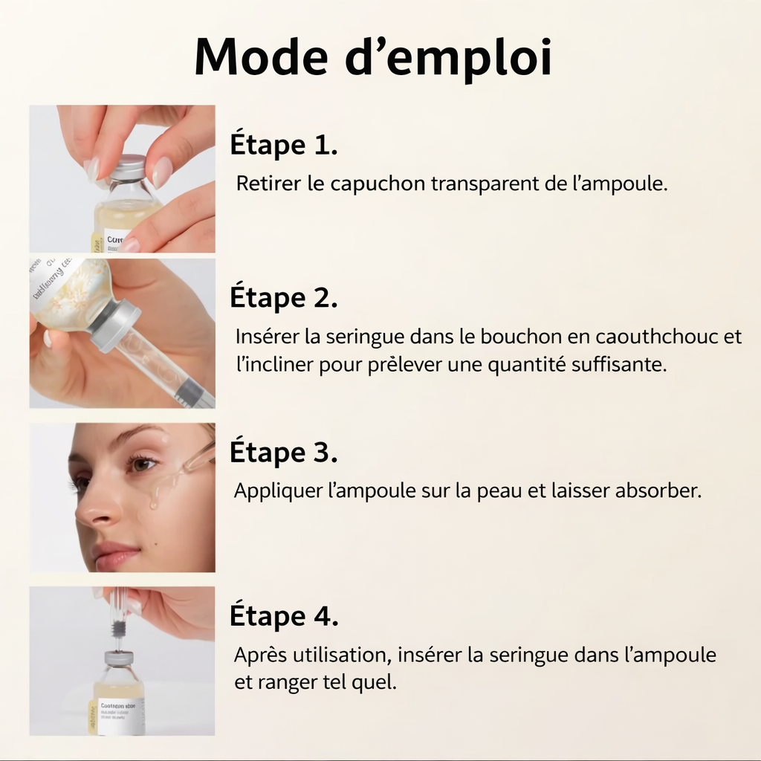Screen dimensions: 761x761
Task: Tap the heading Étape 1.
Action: [x=283, y=145]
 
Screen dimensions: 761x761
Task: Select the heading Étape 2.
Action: [x=283, y=298]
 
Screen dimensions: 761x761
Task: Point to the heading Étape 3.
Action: [x=283, y=453]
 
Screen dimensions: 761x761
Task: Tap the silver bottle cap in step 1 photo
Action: [x=127, y=167]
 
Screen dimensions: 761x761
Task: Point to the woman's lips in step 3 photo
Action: [x=116, y=554]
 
